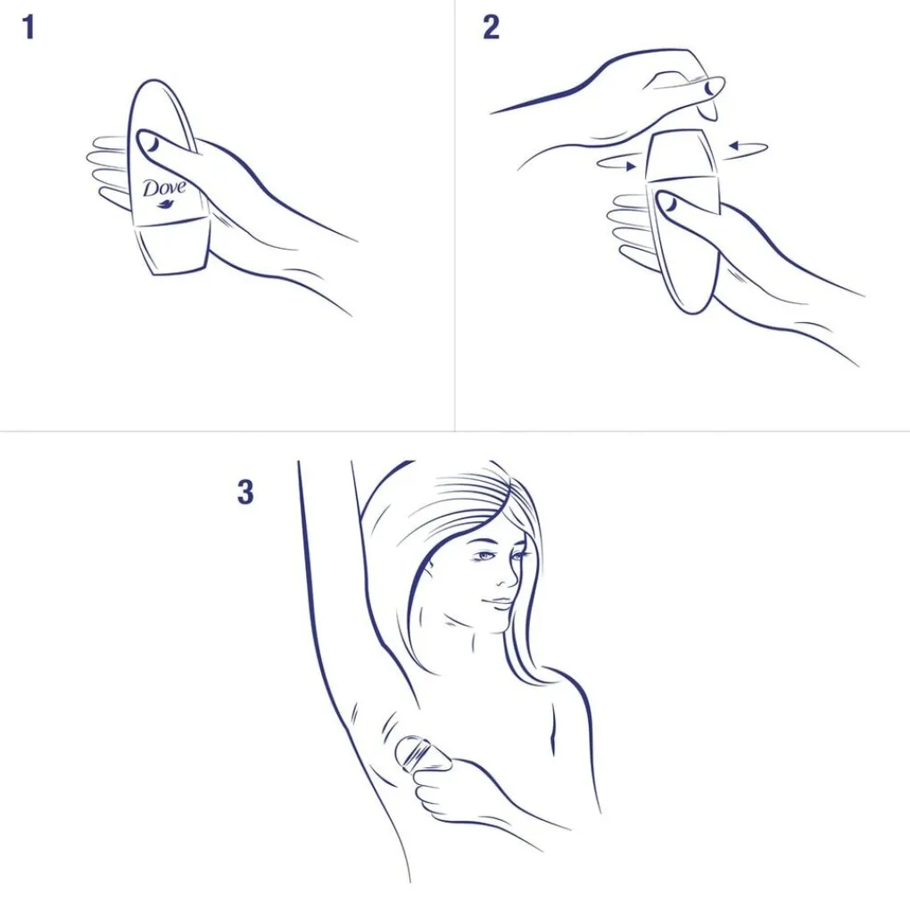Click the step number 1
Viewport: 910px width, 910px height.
(29, 28)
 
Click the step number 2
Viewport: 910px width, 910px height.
(491, 28)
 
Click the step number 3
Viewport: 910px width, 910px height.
(245, 492)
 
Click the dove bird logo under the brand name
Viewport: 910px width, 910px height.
(165, 203)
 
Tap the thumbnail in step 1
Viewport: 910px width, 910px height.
(152, 141)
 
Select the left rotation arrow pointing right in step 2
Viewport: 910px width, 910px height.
(616, 164)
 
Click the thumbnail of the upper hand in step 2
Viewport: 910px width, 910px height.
(712, 87)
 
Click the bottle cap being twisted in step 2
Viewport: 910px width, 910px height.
(682, 155)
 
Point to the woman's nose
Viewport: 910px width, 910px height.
(509, 575)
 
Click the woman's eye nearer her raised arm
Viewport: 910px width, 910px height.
(485, 557)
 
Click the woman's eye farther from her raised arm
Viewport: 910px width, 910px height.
(519, 556)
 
